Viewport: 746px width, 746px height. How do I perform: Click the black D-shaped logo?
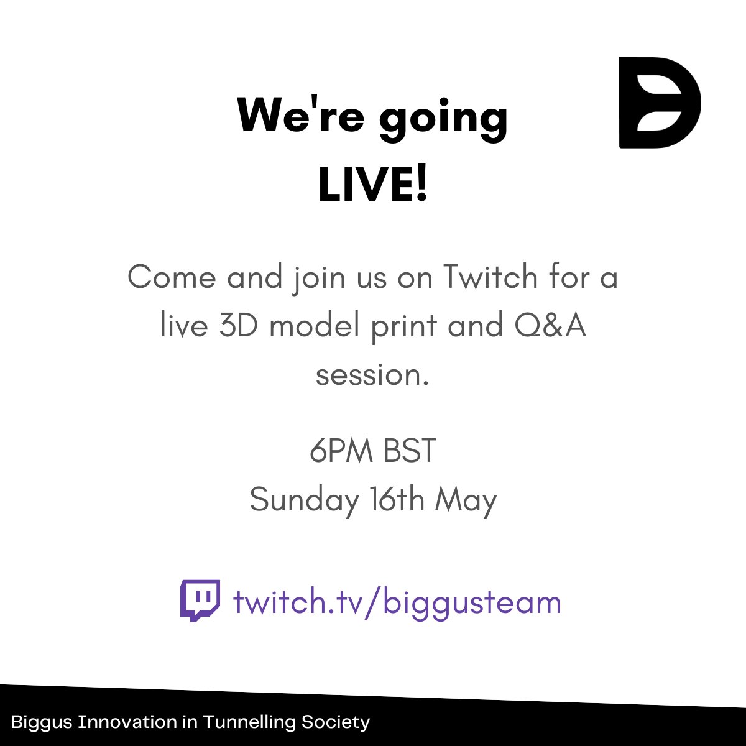pos(659,103)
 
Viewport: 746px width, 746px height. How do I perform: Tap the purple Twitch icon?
pos(200,601)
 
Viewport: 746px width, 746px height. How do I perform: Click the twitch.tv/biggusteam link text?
pos(397,602)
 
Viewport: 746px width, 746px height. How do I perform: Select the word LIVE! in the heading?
pos(373,185)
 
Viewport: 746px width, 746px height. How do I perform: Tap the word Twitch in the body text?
pos(490,277)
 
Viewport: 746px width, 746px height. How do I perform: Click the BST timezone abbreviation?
pos(410,451)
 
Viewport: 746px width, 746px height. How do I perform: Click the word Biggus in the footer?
pos(42,722)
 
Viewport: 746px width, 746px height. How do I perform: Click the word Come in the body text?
pos(172,277)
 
